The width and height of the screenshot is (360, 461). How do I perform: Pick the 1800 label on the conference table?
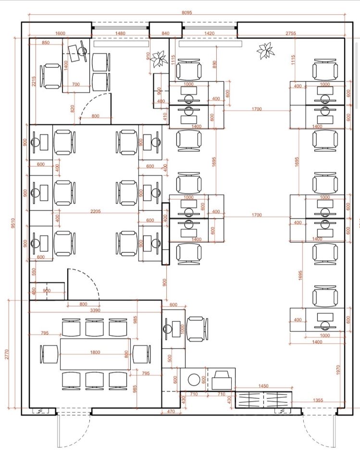tap(95, 352)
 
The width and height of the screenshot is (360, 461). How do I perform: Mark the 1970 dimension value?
tap(337, 369)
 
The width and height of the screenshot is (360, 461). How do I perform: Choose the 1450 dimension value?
tap(263, 385)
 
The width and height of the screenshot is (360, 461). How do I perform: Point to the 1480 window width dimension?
tap(120, 33)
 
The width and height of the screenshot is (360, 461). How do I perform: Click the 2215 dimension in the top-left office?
tap(34, 82)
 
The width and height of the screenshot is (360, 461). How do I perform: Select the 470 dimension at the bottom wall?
tap(170, 411)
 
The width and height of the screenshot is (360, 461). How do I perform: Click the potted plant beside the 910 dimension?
tap(157, 60)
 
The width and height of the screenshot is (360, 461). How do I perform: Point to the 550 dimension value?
tap(34, 271)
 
